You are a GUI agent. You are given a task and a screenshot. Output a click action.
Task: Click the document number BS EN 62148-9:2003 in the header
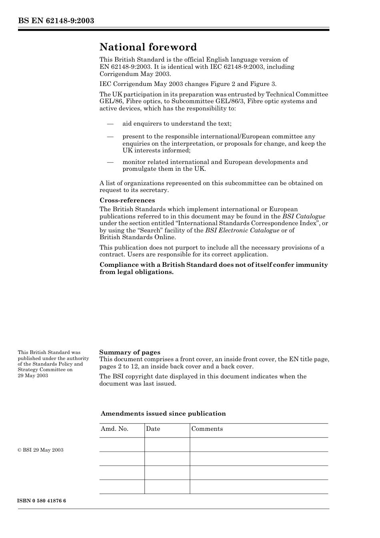click(56, 21)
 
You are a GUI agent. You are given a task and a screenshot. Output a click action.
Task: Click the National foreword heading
click(148, 47)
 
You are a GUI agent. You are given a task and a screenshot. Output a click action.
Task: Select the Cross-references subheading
click(127, 200)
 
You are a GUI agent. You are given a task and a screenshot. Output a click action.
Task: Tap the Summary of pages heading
click(130, 352)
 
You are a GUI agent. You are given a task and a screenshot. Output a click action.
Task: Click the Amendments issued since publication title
click(163, 414)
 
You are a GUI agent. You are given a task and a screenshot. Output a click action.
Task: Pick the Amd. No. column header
click(114, 429)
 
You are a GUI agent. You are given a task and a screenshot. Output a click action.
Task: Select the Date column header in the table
click(153, 429)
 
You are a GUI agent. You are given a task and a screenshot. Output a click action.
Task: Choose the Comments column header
click(207, 429)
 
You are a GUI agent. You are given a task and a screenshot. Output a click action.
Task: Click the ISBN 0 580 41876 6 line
click(42, 501)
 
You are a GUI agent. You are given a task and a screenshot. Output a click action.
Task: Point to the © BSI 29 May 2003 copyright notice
click(40, 450)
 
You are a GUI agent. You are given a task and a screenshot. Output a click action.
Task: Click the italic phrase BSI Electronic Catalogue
click(242, 230)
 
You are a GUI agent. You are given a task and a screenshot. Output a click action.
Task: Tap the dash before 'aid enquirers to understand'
click(110, 124)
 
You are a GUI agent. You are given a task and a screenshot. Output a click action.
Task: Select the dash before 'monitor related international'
click(110, 162)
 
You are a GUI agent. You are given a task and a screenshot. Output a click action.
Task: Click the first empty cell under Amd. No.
click(122, 444)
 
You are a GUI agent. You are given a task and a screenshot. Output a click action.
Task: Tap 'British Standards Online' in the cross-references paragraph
click(137, 237)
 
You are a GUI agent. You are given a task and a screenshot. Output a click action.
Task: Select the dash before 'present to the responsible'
click(110, 137)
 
